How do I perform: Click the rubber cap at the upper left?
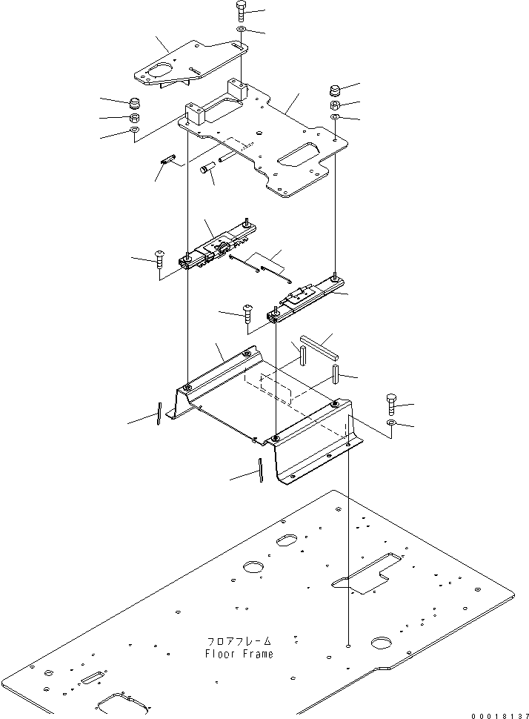coord(136,102)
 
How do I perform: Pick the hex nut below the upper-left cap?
coord(136,118)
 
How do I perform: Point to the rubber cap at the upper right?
coord(335,92)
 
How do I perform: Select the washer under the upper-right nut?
coord(335,118)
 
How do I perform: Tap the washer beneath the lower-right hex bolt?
coord(391,423)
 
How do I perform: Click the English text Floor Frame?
coord(239,654)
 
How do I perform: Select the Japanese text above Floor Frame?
coord(239,641)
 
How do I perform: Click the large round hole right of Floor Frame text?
coord(386,642)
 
